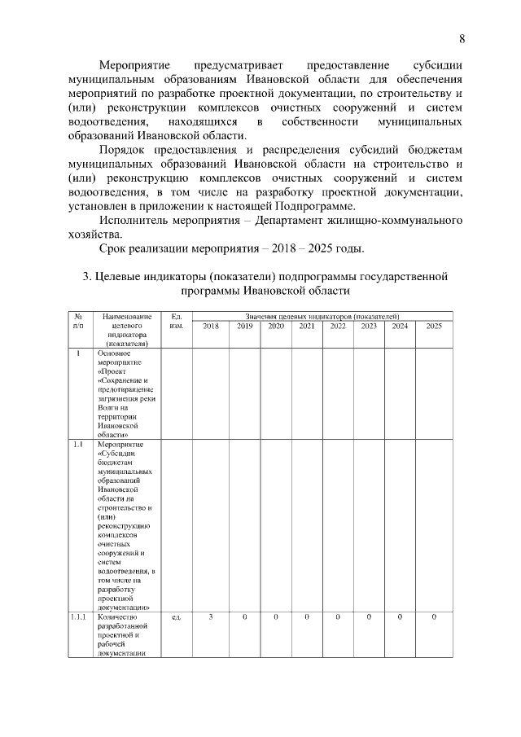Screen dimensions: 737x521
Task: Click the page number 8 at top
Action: pyautogui.click(x=462, y=38)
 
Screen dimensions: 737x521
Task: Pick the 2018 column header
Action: pyautogui.click(x=210, y=326)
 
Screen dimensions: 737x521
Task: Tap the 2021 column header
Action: pyautogui.click(x=307, y=326)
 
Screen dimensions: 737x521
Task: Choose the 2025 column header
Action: pyautogui.click(x=434, y=326)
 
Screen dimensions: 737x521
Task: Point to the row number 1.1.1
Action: pyautogui.click(x=79, y=616)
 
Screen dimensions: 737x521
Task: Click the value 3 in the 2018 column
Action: pyautogui.click(x=210, y=616)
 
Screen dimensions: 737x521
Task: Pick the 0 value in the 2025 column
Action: pyautogui.click(x=434, y=616)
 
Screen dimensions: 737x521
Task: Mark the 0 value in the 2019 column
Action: pyautogui.click(x=244, y=616)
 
